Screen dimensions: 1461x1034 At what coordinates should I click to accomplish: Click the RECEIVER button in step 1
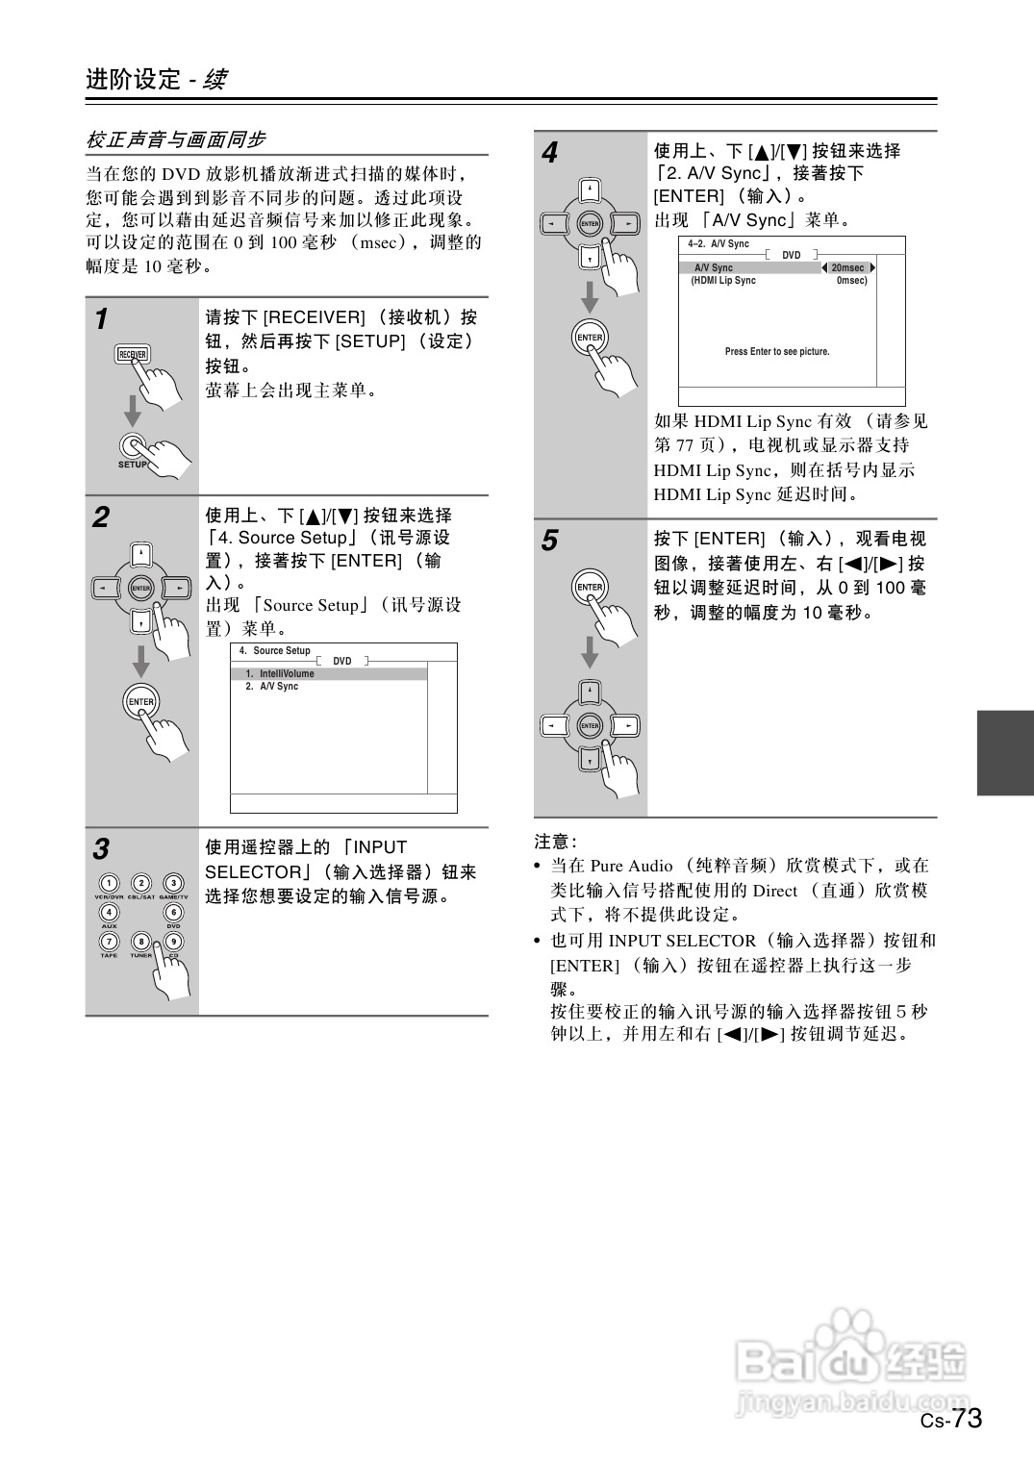click(x=132, y=354)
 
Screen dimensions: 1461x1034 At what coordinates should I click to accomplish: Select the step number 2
click(x=101, y=517)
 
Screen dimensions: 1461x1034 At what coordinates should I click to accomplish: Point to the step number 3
click(x=101, y=849)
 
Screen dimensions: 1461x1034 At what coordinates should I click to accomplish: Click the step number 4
click(x=549, y=153)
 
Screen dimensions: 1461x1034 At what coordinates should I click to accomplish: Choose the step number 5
click(x=549, y=542)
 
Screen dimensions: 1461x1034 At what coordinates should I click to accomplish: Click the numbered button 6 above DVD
click(x=173, y=912)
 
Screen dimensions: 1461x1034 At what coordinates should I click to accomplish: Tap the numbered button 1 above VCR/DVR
click(x=110, y=883)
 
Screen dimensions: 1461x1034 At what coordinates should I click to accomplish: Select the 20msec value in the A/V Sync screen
click(x=847, y=267)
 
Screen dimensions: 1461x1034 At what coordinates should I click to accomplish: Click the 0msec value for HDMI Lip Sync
click(x=850, y=281)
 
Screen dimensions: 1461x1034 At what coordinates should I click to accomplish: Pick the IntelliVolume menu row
click(x=328, y=674)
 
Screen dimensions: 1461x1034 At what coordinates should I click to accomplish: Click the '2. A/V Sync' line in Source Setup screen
click(x=272, y=687)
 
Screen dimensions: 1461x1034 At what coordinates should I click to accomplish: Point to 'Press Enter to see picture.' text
click(x=777, y=352)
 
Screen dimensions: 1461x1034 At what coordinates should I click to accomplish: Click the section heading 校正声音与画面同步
click(x=176, y=139)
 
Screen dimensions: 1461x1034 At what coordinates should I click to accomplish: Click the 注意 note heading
click(x=554, y=842)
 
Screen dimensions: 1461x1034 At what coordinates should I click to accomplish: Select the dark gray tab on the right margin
click(x=1004, y=753)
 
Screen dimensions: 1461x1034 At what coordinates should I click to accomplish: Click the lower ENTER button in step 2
click(x=140, y=701)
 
